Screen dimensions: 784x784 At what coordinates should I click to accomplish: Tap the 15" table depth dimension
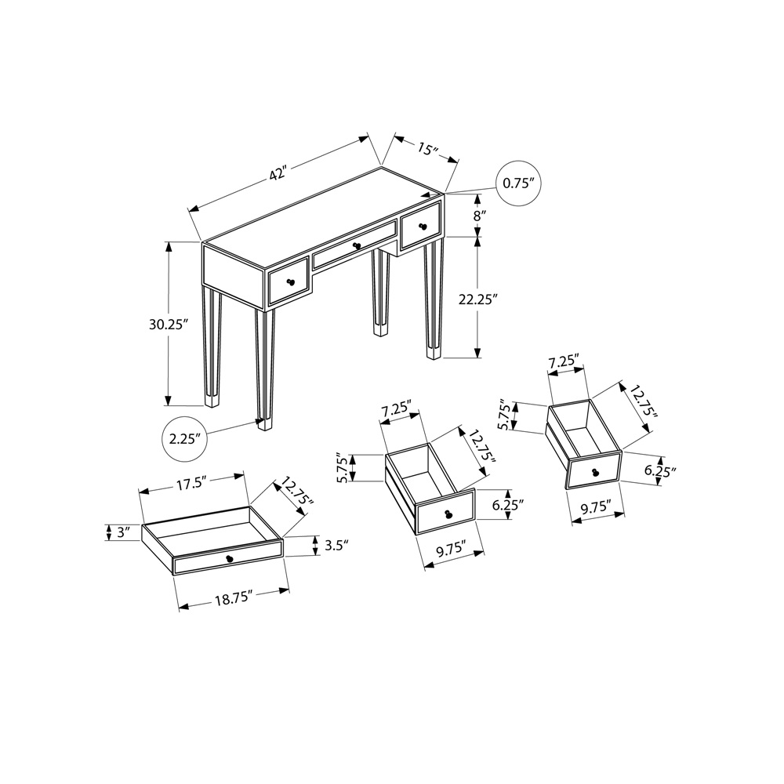click(427, 148)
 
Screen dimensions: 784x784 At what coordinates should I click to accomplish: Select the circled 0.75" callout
click(518, 183)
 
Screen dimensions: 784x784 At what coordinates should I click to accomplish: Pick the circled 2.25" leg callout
click(184, 439)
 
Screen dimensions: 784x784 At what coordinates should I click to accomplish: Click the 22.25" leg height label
click(478, 299)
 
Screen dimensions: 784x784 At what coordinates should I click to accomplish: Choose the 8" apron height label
click(480, 216)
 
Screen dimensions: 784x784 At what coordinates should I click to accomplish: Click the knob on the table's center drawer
click(357, 245)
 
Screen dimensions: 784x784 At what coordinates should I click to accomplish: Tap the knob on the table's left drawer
click(289, 283)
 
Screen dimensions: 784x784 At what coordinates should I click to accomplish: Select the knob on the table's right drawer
click(424, 227)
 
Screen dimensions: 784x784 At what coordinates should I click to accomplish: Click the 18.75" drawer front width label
click(234, 599)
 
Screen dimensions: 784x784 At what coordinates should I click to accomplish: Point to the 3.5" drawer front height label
click(336, 545)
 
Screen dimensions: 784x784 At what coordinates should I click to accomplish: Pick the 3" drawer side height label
click(123, 532)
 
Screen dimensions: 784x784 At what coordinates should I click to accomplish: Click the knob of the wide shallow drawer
click(230, 559)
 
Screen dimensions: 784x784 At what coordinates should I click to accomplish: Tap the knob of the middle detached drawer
click(448, 514)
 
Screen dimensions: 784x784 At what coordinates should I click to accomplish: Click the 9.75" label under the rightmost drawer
click(597, 507)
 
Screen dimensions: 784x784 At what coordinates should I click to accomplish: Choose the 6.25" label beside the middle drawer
click(507, 504)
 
